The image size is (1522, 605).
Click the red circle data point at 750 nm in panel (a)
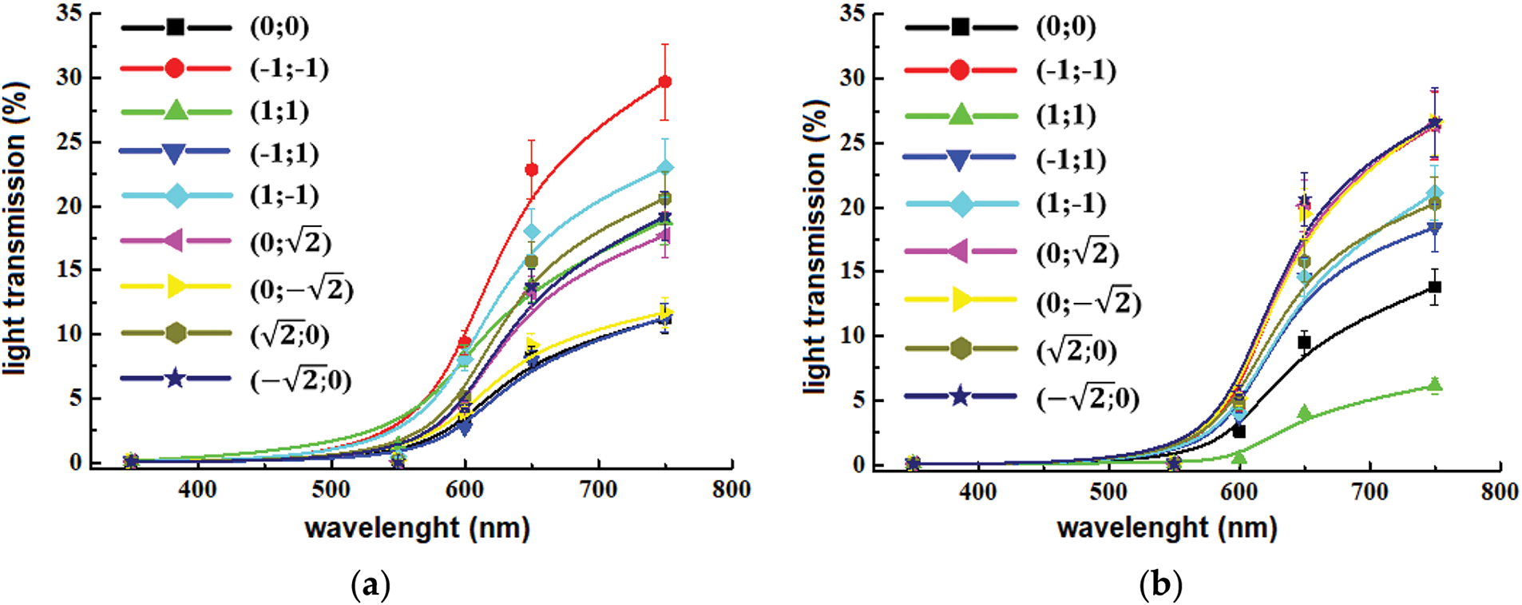pyautogui.click(x=664, y=82)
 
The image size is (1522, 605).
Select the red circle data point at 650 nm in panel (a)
pyautogui.click(x=531, y=169)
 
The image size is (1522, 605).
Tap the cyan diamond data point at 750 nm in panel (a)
pyautogui.click(x=664, y=168)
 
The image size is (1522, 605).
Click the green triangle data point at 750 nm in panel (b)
pyautogui.click(x=1435, y=384)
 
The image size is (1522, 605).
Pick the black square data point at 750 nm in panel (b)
pyautogui.click(x=1435, y=287)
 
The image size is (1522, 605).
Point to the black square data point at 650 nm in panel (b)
pyautogui.click(x=1304, y=342)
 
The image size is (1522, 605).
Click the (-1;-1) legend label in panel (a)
pyautogui.click(x=289, y=69)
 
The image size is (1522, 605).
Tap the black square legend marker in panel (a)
pyautogui.click(x=176, y=27)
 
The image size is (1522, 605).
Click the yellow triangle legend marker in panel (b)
pyautogui.click(x=961, y=300)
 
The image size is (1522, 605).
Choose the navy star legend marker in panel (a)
pyautogui.click(x=175, y=378)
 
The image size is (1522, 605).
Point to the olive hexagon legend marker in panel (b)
pyautogui.click(x=961, y=348)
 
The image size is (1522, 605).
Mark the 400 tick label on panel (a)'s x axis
pyautogui.click(x=197, y=489)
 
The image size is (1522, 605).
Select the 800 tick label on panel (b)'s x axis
pyautogui.click(x=1499, y=491)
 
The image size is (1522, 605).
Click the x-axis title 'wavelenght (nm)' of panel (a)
pyautogui.click(x=417, y=528)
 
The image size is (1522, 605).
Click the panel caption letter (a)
pyautogui.click(x=371, y=586)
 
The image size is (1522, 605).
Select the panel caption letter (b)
pyautogui.click(x=1159, y=586)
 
